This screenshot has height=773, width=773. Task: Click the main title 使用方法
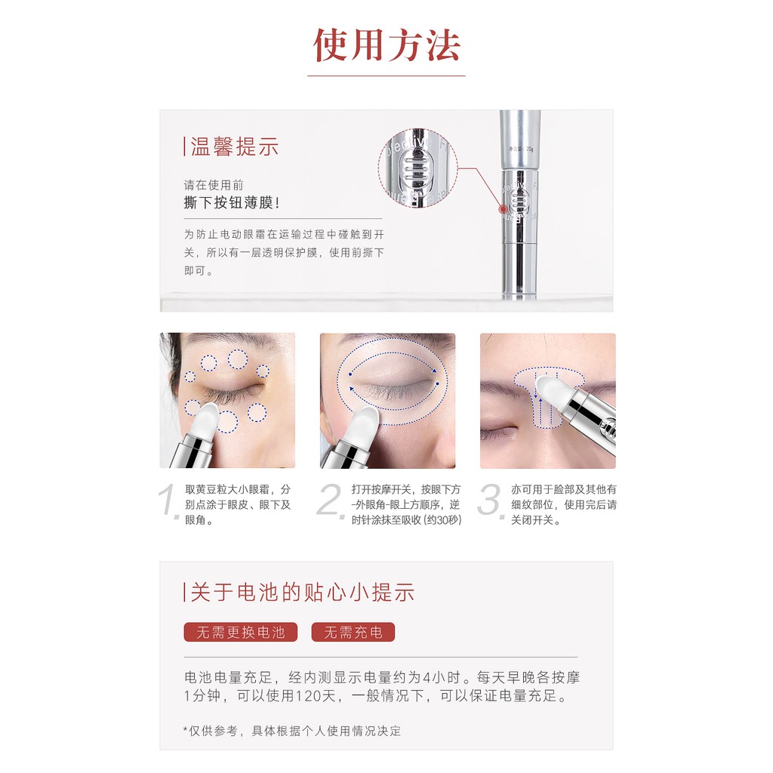(x=386, y=45)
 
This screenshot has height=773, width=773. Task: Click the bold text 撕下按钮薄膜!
(x=232, y=202)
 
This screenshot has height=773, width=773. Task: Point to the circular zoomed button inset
(x=418, y=168)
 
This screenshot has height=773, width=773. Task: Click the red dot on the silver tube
(x=504, y=209)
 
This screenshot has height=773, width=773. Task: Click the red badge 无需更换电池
(x=241, y=632)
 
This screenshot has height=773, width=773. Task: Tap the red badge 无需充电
(x=353, y=632)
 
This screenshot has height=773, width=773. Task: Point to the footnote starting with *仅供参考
(x=292, y=731)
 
